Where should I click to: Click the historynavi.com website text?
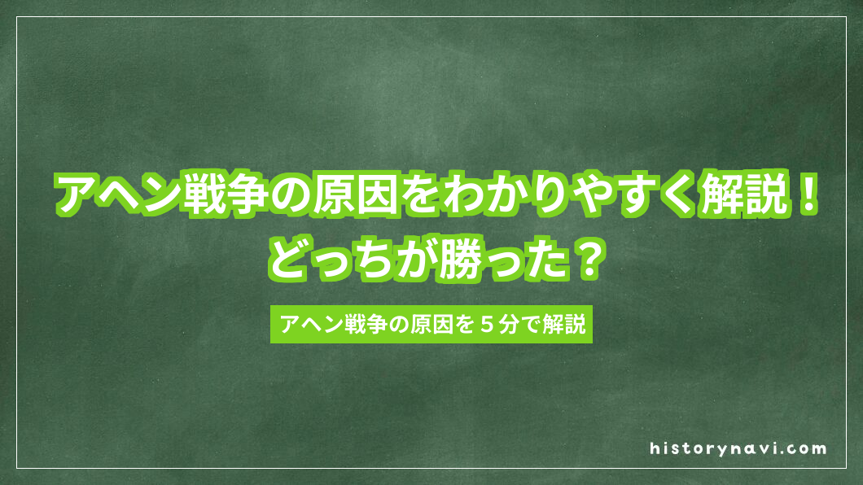click(x=738, y=448)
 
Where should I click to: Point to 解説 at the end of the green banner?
click(x=564, y=326)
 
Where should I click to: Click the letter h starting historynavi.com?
click(x=655, y=448)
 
